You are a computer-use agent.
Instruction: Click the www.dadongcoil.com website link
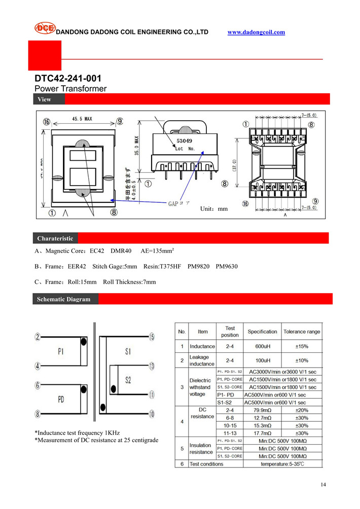pos(256,32)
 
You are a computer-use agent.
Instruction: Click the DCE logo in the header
pos(45,28)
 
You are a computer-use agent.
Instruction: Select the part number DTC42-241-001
pos(68,79)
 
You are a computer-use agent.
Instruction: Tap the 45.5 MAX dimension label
pos(82,119)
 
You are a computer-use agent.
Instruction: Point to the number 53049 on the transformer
pos(185,142)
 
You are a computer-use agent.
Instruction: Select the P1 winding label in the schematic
pos(60,350)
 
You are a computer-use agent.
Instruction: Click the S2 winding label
pos(128,380)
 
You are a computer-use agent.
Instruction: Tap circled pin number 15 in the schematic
pos(152,337)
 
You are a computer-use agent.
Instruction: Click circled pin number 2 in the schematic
pos(38,337)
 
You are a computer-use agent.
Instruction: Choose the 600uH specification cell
pos(262,346)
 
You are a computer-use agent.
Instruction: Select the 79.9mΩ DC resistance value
pos(262,410)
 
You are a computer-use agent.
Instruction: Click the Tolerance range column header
pos(302,332)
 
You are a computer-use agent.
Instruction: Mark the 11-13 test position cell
pos(230,433)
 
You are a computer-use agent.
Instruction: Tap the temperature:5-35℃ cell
pos(282,464)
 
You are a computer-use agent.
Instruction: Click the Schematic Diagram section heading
pos(63,299)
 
